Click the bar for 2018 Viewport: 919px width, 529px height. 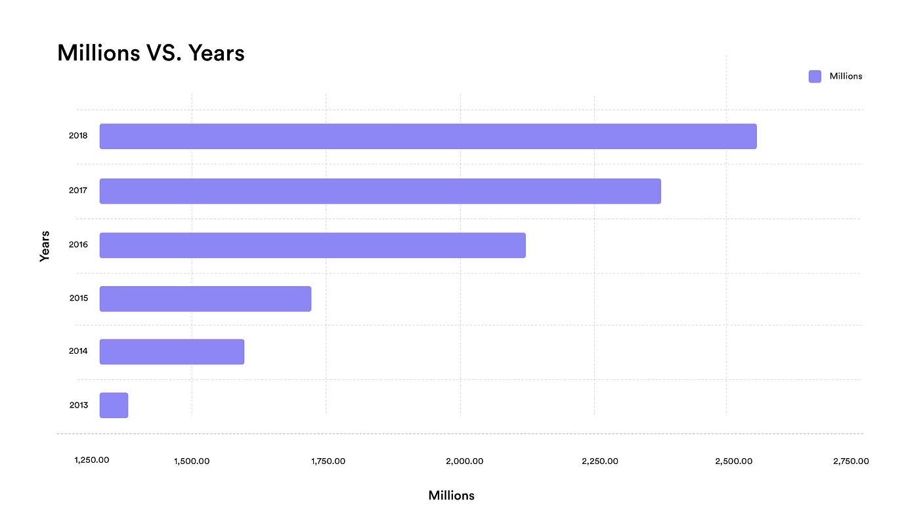pyautogui.click(x=428, y=136)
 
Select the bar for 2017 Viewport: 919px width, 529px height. pyautogui.click(x=380, y=191)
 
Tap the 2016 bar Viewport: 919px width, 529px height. pyautogui.click(x=312, y=245)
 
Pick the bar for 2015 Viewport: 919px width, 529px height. pyautogui.click(x=205, y=299)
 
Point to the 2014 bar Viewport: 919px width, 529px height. pyautogui.click(x=172, y=352)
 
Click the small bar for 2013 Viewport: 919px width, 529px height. pyautogui.click(x=114, y=405)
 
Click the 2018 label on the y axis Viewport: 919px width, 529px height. pyautogui.click(x=78, y=136)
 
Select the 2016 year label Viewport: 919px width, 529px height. pyautogui.click(x=78, y=245)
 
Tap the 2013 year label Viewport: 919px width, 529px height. pyautogui.click(x=78, y=405)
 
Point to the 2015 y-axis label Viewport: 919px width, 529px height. pyautogui.click(x=78, y=299)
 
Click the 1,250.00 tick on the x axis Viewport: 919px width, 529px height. pyautogui.click(x=92, y=459)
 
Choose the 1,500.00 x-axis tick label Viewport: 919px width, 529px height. pyautogui.click(x=192, y=461)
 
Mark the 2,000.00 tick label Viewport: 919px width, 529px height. pyautogui.click(x=465, y=461)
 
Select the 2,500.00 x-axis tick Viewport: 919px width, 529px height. pyautogui.click(x=734, y=461)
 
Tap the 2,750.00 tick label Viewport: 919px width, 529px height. pyautogui.click(x=851, y=461)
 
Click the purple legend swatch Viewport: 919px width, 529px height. pyautogui.click(x=815, y=76)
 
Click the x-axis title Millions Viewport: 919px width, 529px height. pyautogui.click(x=451, y=496)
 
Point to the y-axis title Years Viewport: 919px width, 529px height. pyautogui.click(x=45, y=245)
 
